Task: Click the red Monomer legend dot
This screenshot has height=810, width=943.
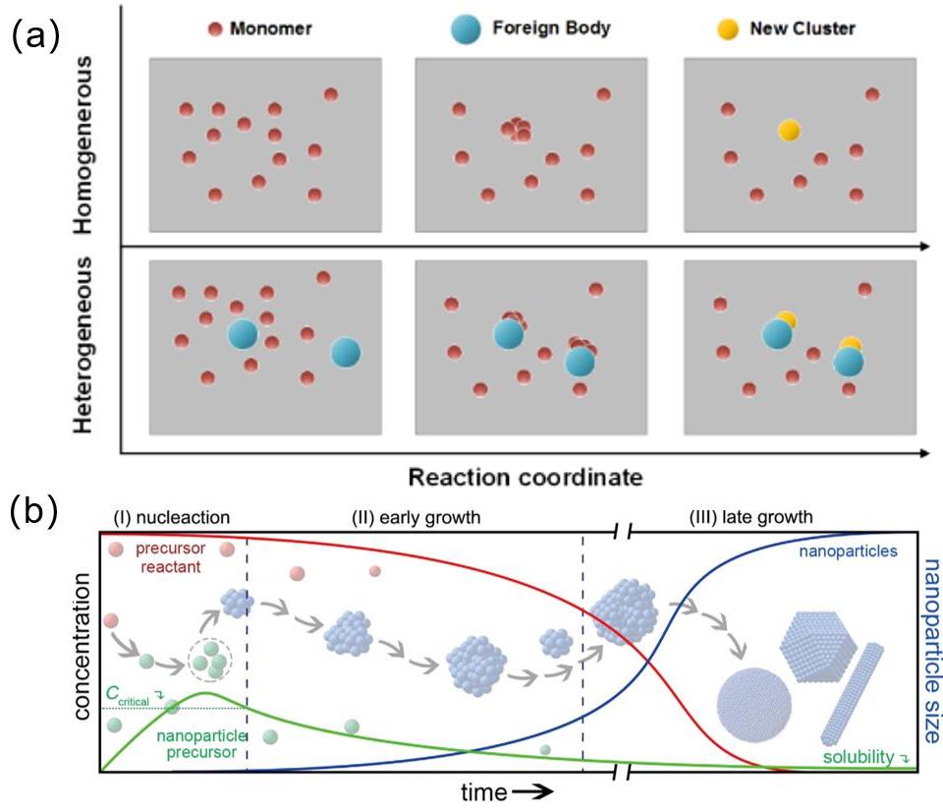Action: tap(214, 29)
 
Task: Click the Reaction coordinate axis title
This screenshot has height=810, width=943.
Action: tap(526, 478)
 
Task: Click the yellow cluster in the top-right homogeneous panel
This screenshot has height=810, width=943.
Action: tap(787, 130)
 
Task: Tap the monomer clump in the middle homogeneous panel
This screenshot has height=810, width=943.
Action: tap(516, 129)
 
